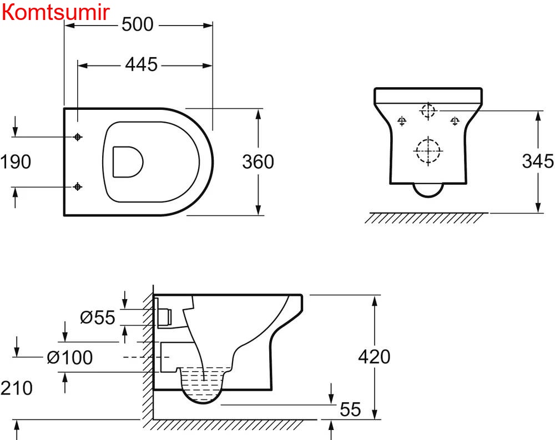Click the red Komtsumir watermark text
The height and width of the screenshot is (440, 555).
tap(56, 12)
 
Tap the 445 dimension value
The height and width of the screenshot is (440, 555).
tap(141, 65)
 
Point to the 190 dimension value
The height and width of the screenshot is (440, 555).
tap(16, 162)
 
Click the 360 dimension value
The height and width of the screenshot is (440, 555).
tap(258, 161)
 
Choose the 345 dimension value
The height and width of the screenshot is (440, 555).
tap(538, 161)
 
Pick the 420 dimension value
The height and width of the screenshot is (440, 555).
tap(375, 356)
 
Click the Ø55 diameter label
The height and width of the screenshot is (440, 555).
tap(97, 318)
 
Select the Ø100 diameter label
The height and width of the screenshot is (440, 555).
tap(69, 358)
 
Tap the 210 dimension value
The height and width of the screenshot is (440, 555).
tap(16, 388)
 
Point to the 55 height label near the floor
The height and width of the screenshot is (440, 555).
tap(350, 409)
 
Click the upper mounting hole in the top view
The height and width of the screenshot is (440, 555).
tap(78, 136)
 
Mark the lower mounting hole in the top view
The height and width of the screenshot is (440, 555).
tap(78, 186)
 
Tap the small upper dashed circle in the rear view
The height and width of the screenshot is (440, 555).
tap(428, 110)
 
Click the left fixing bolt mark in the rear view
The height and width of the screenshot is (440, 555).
tap(402, 120)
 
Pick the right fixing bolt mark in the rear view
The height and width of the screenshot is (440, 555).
tap(455, 120)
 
